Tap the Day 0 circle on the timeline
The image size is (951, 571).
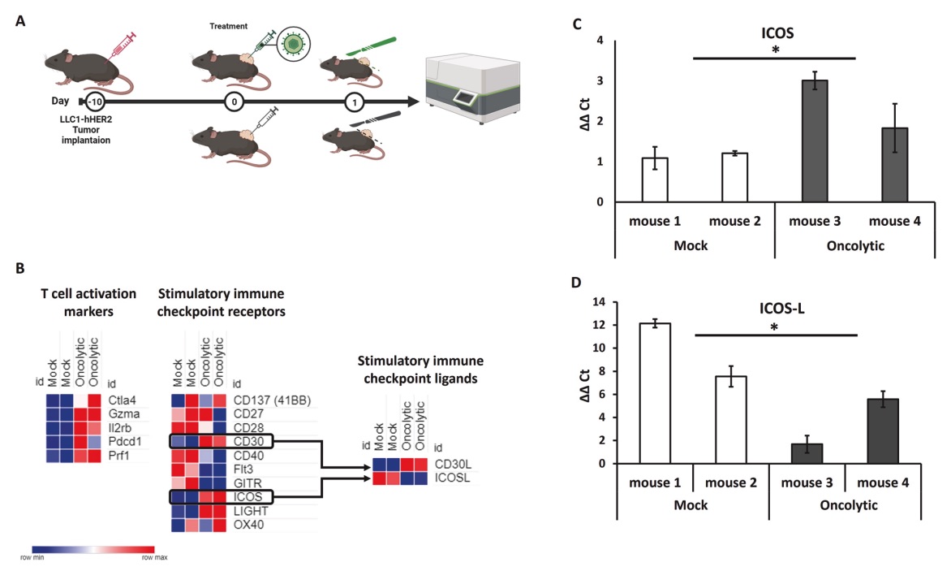[x=235, y=102]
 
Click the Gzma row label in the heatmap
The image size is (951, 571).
[x=121, y=413]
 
